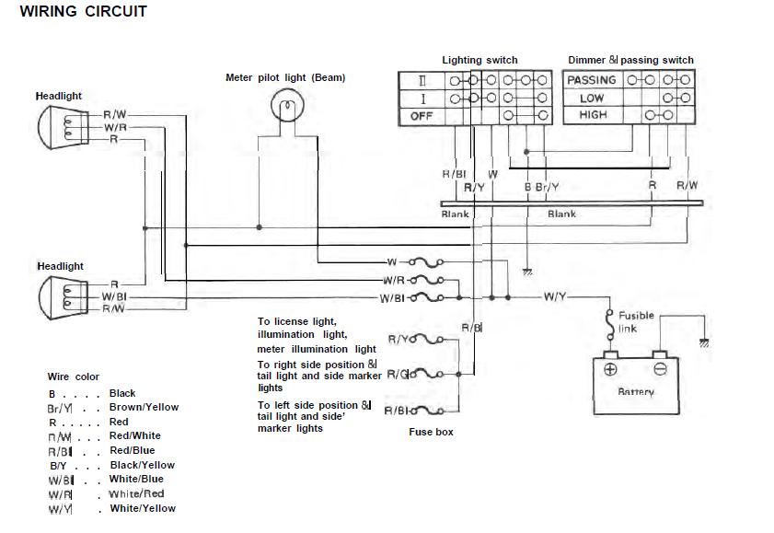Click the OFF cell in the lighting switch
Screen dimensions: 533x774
pyautogui.click(x=421, y=116)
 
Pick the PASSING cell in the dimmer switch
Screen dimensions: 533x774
pyautogui.click(x=592, y=80)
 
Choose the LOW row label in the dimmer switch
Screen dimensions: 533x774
pyautogui.click(x=592, y=98)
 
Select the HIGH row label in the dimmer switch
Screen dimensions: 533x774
pyautogui.click(x=593, y=115)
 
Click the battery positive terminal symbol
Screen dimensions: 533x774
pyautogui.click(x=610, y=369)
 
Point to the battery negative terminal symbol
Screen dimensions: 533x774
pyautogui.click(x=659, y=369)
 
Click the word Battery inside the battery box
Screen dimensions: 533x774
pyautogui.click(x=636, y=392)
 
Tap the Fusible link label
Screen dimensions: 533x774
pyautogui.click(x=636, y=321)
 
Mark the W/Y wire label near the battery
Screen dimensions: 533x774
pyautogui.click(x=556, y=296)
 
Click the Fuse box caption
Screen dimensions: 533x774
pyautogui.click(x=431, y=432)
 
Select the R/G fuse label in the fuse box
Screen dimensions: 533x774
pyautogui.click(x=398, y=374)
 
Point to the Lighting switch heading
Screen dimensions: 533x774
pyautogui.click(x=479, y=60)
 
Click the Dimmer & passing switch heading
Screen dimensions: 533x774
pyautogui.click(x=630, y=60)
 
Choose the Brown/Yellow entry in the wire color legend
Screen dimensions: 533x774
pyautogui.click(x=144, y=407)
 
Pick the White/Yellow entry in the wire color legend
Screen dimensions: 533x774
pyautogui.click(x=143, y=508)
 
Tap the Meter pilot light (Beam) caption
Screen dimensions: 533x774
pyautogui.click(x=285, y=77)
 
